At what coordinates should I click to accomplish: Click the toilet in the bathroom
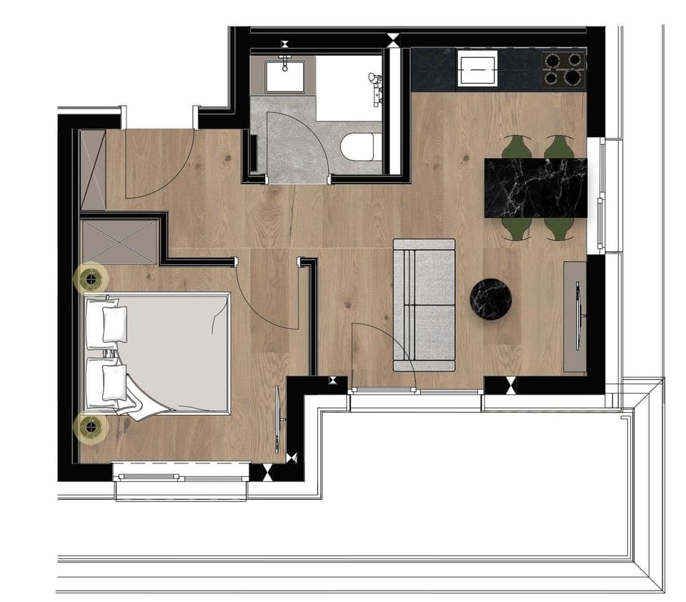tap(359, 146)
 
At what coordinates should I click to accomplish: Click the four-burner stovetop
tap(564, 69)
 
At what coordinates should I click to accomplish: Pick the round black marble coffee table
tap(490, 299)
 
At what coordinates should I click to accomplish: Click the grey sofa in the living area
tap(424, 305)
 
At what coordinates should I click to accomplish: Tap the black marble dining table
tap(536, 188)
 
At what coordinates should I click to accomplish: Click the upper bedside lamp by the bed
tap(91, 279)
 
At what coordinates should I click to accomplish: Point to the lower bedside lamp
tap(91, 427)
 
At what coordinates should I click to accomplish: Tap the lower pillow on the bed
tap(114, 382)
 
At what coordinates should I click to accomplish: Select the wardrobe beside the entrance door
tap(93, 170)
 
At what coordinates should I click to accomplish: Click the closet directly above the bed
tap(119, 241)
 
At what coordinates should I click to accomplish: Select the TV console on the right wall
tap(575, 316)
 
